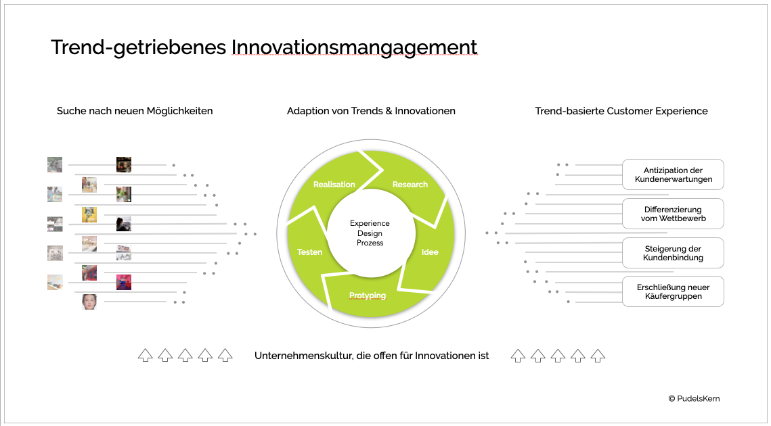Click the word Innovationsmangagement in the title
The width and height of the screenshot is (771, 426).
[354, 47]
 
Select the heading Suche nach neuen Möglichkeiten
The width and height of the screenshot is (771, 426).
[135, 111]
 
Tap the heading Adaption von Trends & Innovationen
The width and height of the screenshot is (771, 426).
[371, 111]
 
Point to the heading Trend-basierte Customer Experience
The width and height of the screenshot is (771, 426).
[621, 111]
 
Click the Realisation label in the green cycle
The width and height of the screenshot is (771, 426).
[334, 185]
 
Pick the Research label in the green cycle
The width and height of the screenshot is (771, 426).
[410, 185]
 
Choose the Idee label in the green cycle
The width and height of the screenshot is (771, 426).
[430, 252]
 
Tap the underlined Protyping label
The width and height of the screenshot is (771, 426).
[368, 295]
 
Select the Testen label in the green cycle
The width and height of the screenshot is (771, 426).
[310, 252]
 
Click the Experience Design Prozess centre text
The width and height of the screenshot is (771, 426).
[370, 233]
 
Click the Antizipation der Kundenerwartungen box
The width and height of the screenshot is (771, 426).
[673, 174]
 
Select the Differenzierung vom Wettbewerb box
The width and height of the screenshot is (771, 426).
[673, 214]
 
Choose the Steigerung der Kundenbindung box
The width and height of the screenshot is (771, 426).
[673, 253]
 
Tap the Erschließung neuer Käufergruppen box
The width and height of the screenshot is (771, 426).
[673, 291]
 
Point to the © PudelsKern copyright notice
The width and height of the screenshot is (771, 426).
[694, 398]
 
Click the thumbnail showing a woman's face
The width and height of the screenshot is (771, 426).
[89, 302]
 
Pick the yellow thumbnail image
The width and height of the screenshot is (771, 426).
[89, 214]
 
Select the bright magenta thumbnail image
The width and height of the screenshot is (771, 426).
[124, 283]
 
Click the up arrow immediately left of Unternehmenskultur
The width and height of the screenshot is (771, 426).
[225, 355]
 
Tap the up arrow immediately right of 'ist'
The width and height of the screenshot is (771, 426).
[518, 356]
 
